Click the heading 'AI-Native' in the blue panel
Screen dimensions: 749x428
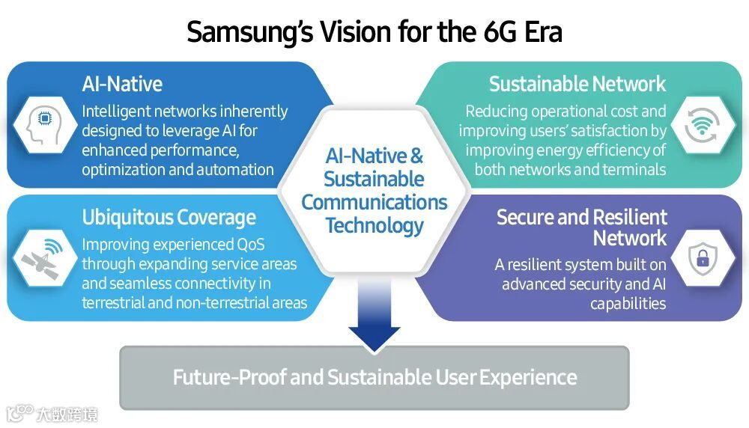122,84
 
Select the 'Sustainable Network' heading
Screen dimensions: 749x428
577,84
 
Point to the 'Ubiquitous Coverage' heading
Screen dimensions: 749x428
169,218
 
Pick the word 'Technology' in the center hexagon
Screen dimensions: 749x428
374,224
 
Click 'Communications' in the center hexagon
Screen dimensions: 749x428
374,202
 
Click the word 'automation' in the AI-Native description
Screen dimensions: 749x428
235,169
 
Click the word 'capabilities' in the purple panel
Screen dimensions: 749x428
628,304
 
